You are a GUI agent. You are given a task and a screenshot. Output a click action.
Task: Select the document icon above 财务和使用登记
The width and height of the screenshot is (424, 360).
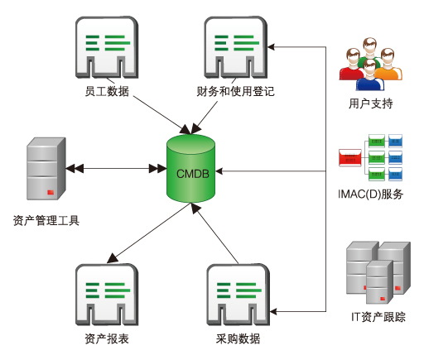pyautogui.click(x=235, y=48)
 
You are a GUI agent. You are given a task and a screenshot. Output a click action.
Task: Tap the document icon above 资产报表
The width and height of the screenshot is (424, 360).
pyautogui.click(x=106, y=295)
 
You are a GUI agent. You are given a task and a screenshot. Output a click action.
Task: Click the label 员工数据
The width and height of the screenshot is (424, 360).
pyautogui.click(x=107, y=90)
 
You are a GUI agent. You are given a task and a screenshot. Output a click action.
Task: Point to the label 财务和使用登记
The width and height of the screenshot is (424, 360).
pyautogui.click(x=235, y=90)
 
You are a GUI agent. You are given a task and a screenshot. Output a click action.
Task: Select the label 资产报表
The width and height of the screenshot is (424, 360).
pyautogui.click(x=106, y=339)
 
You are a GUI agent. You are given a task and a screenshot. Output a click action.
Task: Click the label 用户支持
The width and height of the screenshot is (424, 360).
pyautogui.click(x=370, y=104)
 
